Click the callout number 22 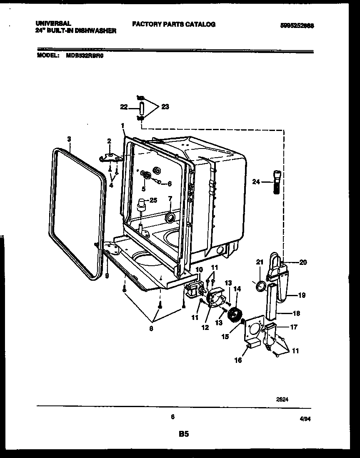123,107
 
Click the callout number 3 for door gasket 69,138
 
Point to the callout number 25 153,200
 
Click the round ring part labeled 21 260,286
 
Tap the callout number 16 237,360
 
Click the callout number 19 301,295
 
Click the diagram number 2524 282,399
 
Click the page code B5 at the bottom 184,434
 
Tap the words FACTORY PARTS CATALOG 174,24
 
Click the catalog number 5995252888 297,25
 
